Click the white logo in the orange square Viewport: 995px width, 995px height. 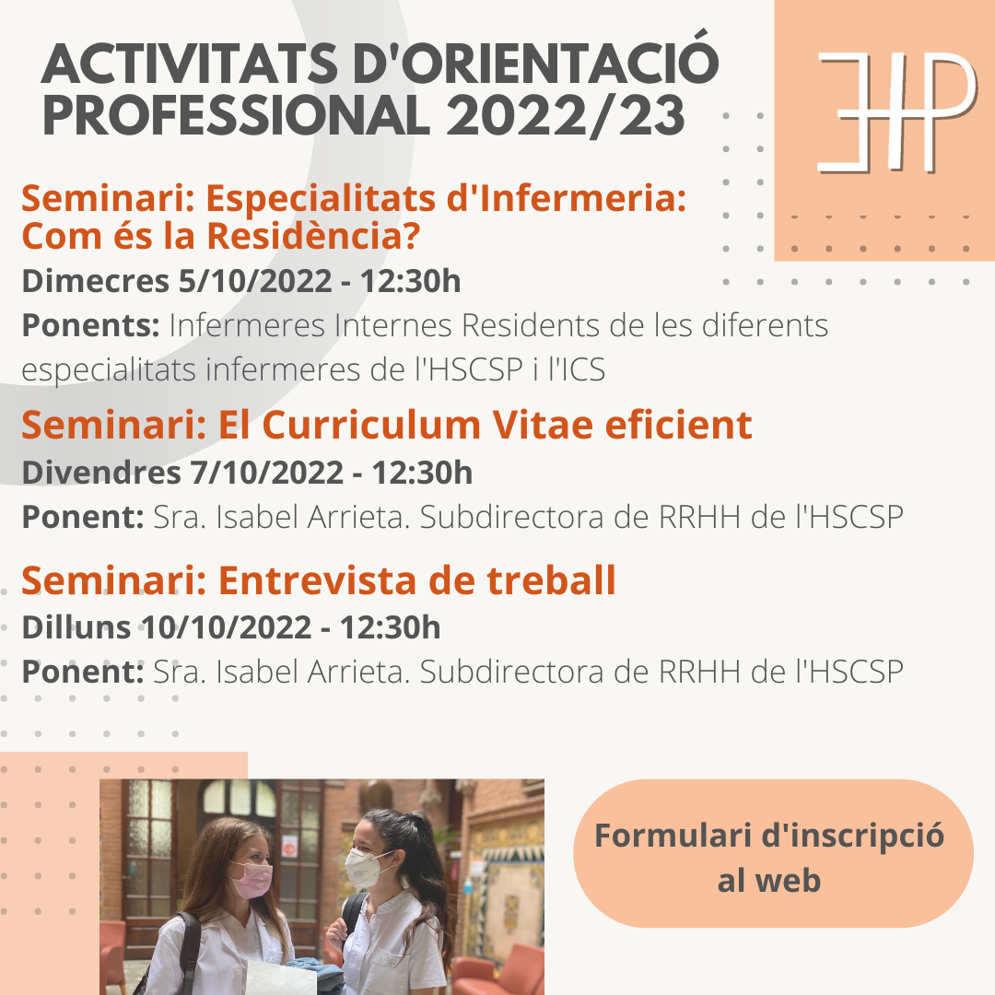[x=896, y=112]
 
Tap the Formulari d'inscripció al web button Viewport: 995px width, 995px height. [x=773, y=853]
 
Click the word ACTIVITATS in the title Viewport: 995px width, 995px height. [x=189, y=64]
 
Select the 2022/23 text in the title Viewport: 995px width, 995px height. [x=566, y=115]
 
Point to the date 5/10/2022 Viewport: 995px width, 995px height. [x=255, y=281]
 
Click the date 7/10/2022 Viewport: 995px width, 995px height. [x=266, y=473]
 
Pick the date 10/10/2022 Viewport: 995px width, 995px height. [x=227, y=627]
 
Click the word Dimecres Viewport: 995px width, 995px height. [x=95, y=281]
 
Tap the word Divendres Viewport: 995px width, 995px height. [x=101, y=473]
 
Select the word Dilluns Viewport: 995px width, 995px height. [x=76, y=627]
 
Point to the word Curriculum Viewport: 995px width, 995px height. [x=372, y=425]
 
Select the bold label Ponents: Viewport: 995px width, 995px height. [x=90, y=325]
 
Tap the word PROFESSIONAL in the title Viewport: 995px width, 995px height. [x=236, y=115]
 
